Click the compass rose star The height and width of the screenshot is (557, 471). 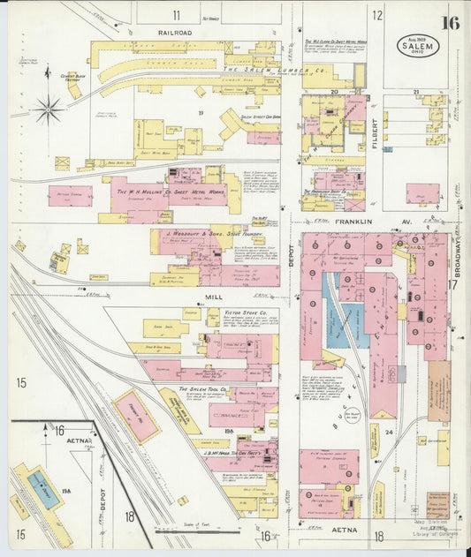point(49,110)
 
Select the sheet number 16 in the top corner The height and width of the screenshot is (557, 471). point(451,22)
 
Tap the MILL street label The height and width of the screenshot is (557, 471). point(211,298)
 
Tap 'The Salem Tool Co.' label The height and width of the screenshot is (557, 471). point(205,388)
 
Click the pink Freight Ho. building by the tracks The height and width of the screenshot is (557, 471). point(137,415)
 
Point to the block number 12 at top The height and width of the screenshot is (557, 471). point(377,14)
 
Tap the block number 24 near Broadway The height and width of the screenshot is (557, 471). point(388,433)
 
